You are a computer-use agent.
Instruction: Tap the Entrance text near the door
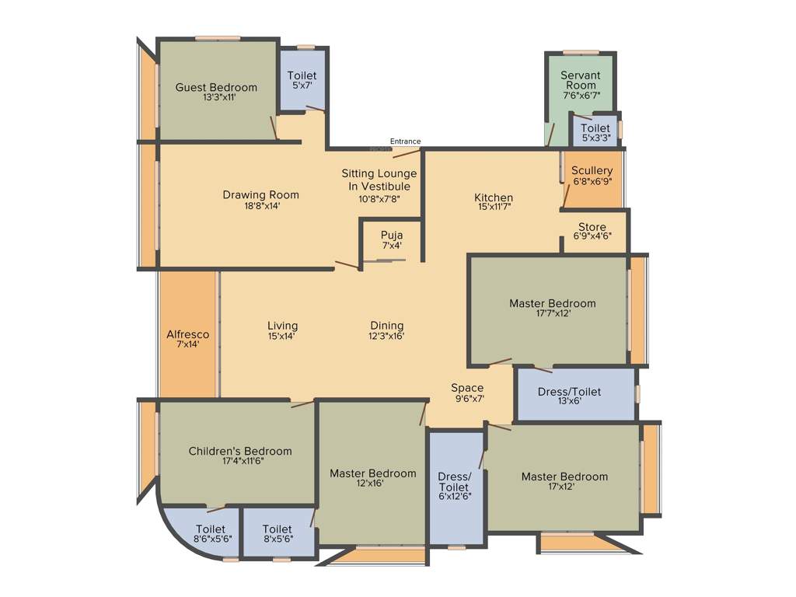[405, 141]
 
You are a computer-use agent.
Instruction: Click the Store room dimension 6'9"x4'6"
[592, 237]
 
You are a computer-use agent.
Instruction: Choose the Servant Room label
[581, 80]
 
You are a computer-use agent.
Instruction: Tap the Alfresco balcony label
[188, 334]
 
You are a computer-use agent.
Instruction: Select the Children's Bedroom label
[240, 451]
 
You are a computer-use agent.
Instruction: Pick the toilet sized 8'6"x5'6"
[210, 529]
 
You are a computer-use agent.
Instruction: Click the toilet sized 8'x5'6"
[278, 529]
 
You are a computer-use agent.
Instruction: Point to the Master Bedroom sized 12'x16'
[372, 473]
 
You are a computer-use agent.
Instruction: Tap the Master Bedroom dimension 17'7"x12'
[553, 314]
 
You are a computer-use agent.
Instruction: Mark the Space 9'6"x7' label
[467, 388]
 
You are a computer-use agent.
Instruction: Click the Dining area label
[386, 326]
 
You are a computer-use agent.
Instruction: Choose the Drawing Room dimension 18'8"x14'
[260, 206]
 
